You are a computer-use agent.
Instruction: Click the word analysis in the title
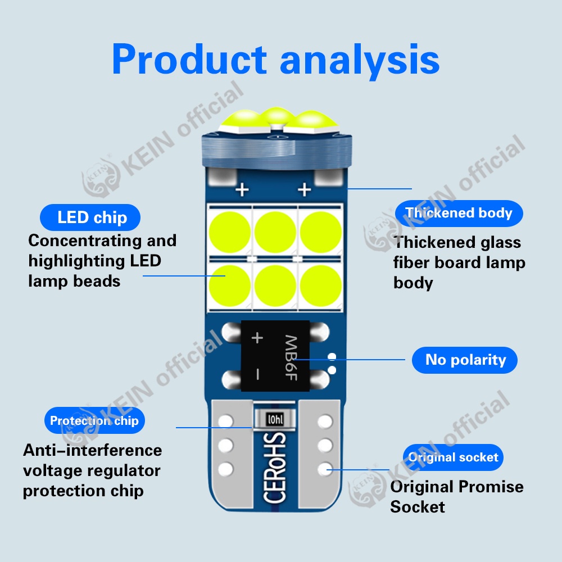(x=359, y=59)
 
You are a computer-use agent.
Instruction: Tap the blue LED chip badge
(x=92, y=217)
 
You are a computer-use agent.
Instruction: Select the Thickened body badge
(x=459, y=213)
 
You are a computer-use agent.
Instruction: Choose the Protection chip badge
(x=94, y=420)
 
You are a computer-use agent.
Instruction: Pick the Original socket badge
(x=453, y=457)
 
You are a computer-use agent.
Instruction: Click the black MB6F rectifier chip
(x=276, y=356)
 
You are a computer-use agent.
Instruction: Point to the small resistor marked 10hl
(x=275, y=419)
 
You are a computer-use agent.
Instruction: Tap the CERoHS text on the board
(x=275, y=468)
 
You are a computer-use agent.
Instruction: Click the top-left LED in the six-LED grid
(x=230, y=230)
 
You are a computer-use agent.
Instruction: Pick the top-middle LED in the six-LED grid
(x=275, y=230)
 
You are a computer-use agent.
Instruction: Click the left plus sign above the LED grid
(x=242, y=190)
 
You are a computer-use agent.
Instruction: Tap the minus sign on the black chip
(x=257, y=373)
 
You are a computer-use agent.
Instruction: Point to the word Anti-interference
(x=92, y=450)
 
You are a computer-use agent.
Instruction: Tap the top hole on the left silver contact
(x=226, y=421)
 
